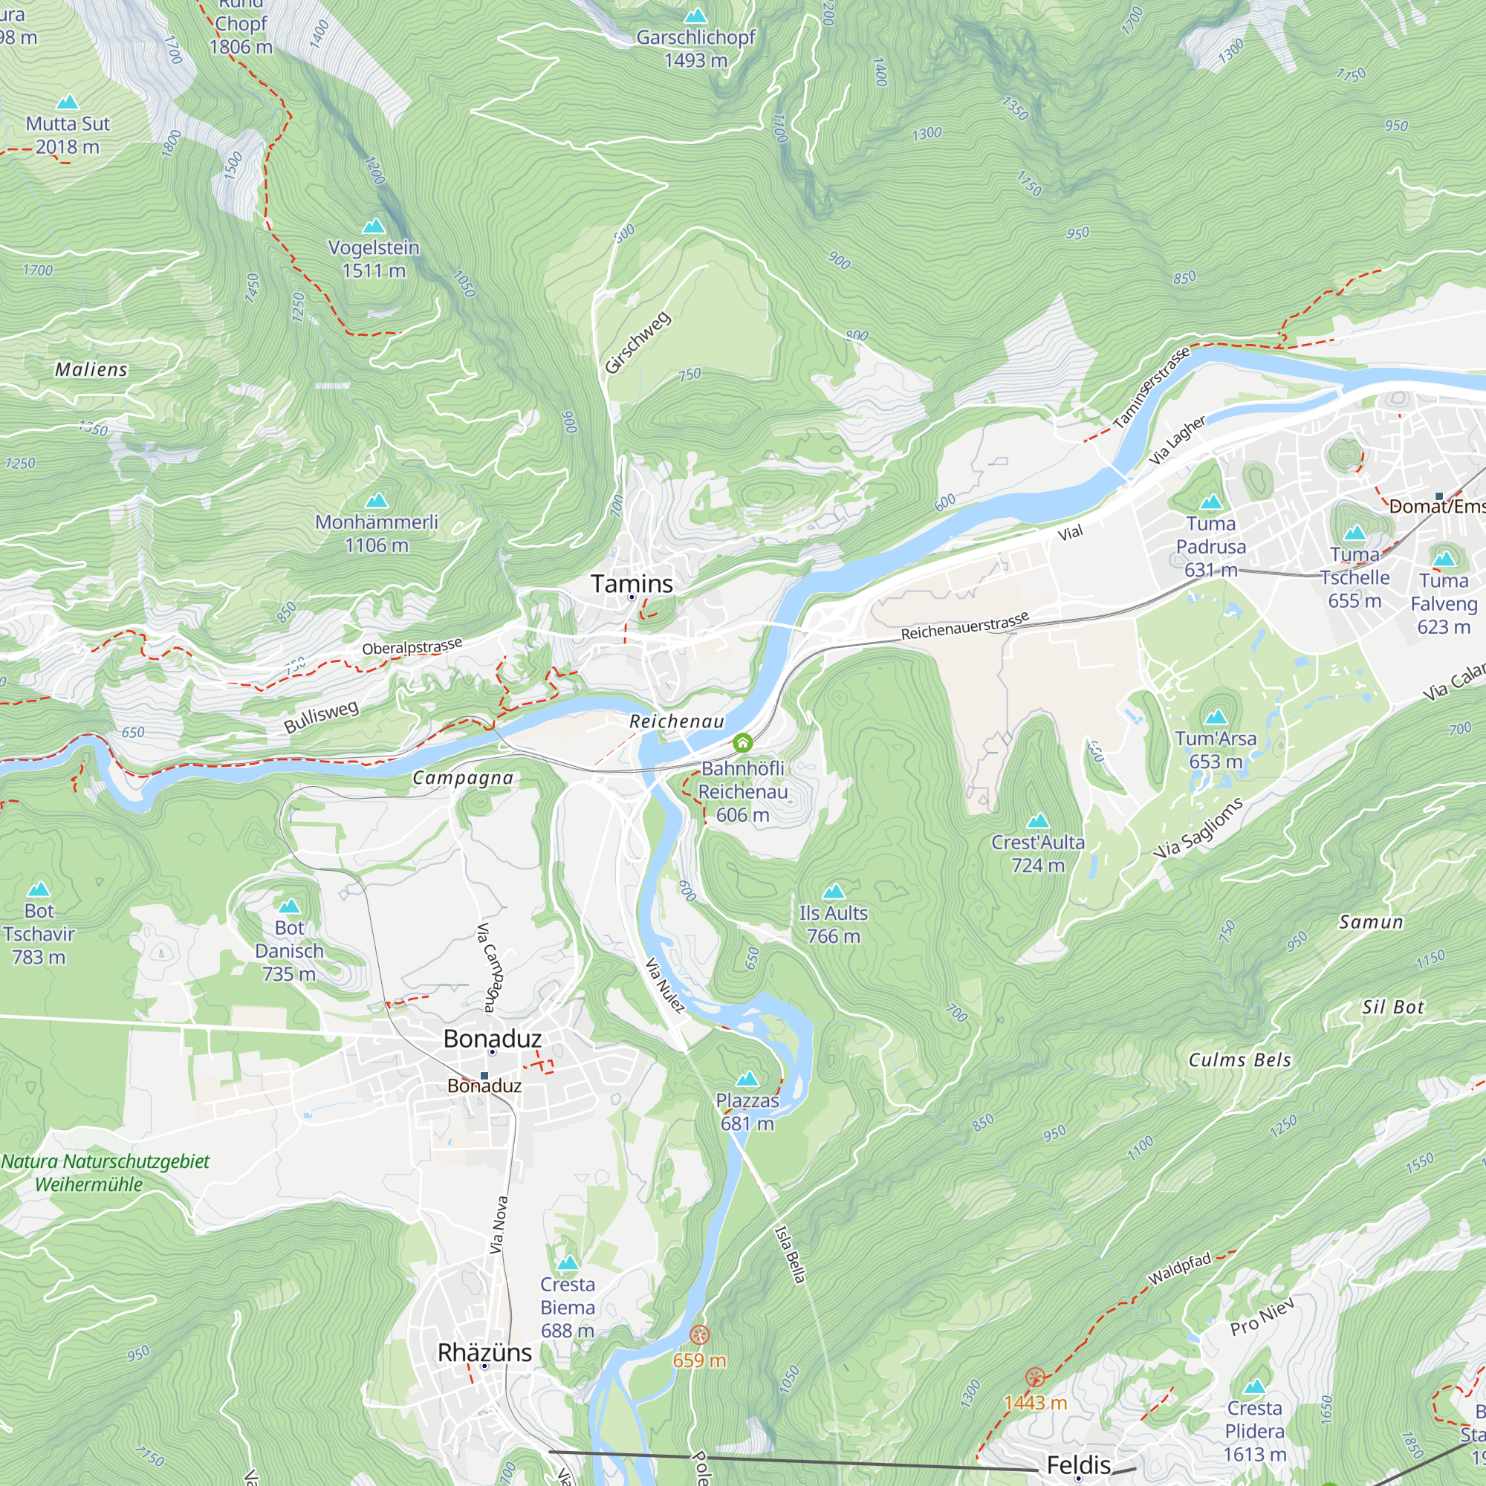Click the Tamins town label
pyautogui.click(x=632, y=584)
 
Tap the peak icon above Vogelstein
pyautogui.click(x=374, y=225)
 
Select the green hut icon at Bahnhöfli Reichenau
pyautogui.click(x=742, y=742)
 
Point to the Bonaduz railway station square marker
pyautogui.click(x=484, y=1076)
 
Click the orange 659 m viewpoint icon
pyautogui.click(x=699, y=1334)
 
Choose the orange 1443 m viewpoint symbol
pyautogui.click(x=1035, y=1377)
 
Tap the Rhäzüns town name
pyautogui.click(x=484, y=1353)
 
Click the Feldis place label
pyautogui.click(x=1078, y=1464)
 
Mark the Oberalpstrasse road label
pyautogui.click(x=412, y=647)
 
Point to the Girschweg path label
pyautogui.click(x=637, y=343)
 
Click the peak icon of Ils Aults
pyautogui.click(x=834, y=892)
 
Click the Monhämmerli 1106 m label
pyautogui.click(x=376, y=533)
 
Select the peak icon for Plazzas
pyautogui.click(x=747, y=1079)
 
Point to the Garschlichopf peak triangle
pyautogui.click(x=695, y=16)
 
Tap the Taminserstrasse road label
pyautogui.click(x=1151, y=388)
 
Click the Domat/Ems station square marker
pyautogui.click(x=1439, y=496)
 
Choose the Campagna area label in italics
pyautogui.click(x=462, y=779)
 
